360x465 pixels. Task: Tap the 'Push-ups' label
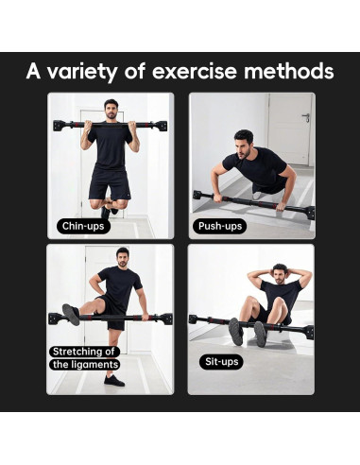point(219,227)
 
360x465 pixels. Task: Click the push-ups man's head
point(244,143)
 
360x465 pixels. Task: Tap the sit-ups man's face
point(279,275)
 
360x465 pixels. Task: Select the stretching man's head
point(122,256)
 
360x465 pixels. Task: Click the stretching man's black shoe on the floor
point(113,380)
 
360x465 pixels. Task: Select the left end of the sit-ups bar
point(193,319)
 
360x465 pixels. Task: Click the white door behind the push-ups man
point(289,128)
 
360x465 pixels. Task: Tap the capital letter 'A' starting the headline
point(35,72)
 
